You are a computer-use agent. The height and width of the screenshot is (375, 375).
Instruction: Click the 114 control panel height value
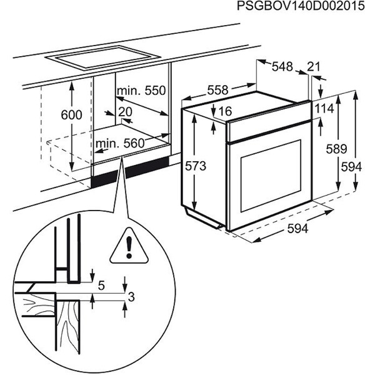tap(325, 108)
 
